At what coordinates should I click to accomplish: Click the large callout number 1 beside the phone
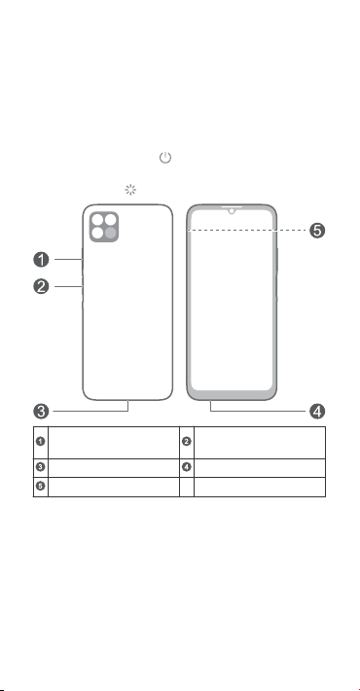coord(41,260)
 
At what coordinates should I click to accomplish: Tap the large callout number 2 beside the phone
coord(41,287)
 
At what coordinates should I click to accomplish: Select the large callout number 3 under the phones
coord(41,412)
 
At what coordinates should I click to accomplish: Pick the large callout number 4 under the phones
coord(317,412)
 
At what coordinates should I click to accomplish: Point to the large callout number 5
coord(317,231)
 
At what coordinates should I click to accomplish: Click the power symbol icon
coord(165,158)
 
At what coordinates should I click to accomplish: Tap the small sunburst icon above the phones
coord(130,190)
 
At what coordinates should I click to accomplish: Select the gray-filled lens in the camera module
coord(111,233)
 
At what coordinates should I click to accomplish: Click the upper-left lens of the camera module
coord(97,219)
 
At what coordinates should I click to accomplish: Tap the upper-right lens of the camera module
coord(111,219)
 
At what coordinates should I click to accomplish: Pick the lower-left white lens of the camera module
coord(97,233)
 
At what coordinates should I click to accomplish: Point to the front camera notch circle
coord(232,211)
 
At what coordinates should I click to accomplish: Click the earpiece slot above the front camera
coord(232,205)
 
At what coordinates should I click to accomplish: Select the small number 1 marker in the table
coord(40,441)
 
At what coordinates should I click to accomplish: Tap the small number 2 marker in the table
coord(187,441)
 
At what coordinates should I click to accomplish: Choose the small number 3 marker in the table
coord(40,467)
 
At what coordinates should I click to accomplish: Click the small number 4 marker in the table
coord(187,467)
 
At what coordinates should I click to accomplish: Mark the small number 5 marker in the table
coord(40,486)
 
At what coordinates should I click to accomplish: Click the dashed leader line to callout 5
coord(246,230)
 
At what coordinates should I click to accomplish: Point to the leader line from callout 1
coord(68,260)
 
